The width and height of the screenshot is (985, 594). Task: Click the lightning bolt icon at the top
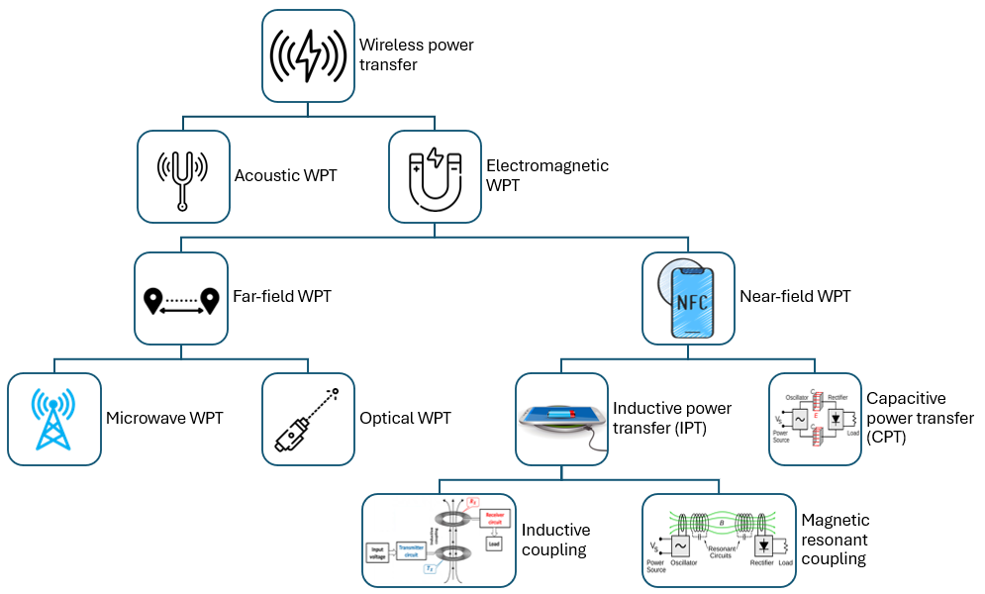308,54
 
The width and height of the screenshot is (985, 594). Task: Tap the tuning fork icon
183,175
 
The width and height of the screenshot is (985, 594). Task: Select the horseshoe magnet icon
435,175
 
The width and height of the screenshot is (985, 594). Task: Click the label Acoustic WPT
285,176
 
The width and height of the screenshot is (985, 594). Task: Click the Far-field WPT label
281,296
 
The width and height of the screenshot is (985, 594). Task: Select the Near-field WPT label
795,296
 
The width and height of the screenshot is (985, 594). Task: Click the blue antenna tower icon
53,418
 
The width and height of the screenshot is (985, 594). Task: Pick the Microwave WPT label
164,418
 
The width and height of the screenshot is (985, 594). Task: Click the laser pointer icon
307,420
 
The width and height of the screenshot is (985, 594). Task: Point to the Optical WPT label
405,418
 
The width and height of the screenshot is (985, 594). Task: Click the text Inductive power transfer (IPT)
672,418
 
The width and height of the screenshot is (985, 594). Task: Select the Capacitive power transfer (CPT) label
920,418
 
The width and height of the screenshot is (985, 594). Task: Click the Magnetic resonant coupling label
836,539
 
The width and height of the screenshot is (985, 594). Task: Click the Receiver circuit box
495,523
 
